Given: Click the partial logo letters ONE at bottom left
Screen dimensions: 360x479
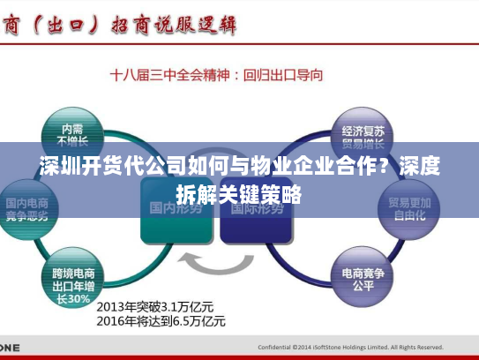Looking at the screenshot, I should coord(10,347).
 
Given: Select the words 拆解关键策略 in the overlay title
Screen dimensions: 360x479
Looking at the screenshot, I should coord(239,193).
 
